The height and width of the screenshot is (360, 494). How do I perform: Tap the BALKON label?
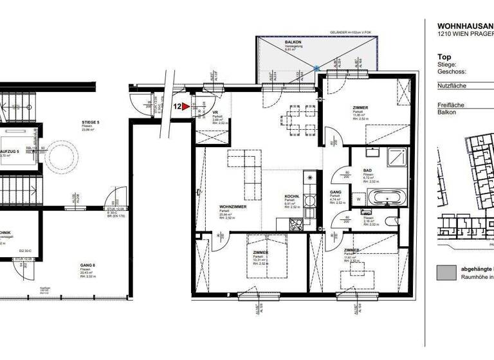pos(293,42)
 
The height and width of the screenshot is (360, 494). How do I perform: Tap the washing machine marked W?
pos(358,199)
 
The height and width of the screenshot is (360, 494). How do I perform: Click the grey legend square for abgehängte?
pos(445,271)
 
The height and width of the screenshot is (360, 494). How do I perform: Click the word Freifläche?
pos(451,105)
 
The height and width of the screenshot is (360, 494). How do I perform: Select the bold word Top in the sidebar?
pos(444,57)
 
